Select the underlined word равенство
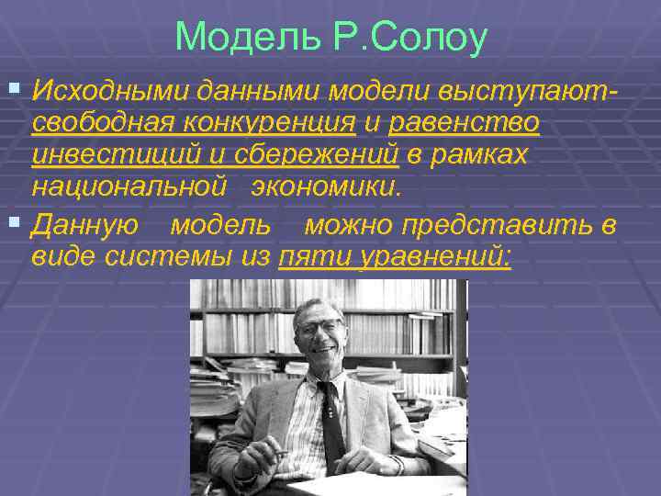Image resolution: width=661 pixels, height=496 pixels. [464, 123]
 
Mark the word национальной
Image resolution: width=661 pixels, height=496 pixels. [129, 188]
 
